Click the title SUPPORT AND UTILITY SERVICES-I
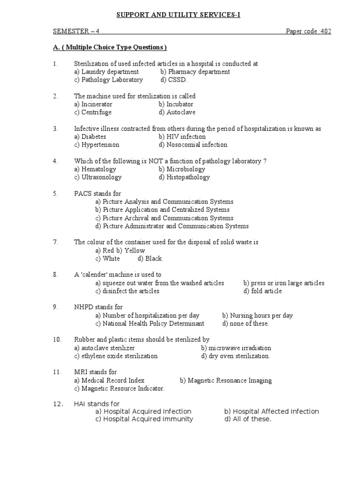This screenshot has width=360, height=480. tap(178, 15)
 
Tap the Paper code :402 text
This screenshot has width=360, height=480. tap(308, 31)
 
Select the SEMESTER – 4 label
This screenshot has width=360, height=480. tap(76, 31)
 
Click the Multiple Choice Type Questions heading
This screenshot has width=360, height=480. tap(110, 47)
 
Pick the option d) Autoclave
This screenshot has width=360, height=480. tap(177, 112)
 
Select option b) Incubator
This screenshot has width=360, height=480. tap(176, 104)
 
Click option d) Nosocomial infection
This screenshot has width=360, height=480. tap(193, 145)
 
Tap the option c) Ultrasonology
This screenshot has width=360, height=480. tap(97, 177)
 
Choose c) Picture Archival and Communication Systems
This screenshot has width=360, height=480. tap(164, 218)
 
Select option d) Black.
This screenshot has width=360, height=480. tap(150, 259)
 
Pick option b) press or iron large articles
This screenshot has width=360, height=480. tap(284, 283)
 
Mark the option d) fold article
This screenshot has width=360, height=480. tap(262, 291)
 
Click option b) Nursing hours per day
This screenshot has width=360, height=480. tap(257, 315)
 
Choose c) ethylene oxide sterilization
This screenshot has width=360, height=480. tap(116, 356)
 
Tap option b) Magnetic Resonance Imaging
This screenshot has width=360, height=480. tap(225, 381)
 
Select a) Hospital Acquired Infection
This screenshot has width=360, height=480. tap(143, 411)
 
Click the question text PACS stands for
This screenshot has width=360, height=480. tap(97, 194)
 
